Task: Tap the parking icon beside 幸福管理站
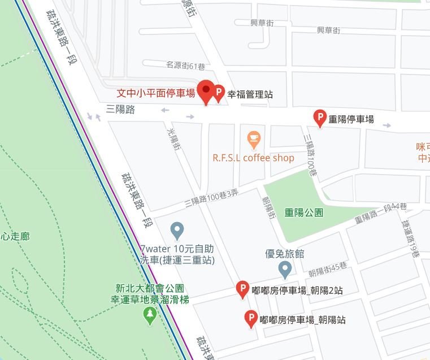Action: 218,93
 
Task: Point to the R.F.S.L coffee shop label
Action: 253,158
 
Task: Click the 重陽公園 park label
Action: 304,212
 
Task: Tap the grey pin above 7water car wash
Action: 177,230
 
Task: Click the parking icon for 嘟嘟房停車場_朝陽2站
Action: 242,290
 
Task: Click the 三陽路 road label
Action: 120,110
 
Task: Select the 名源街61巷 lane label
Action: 185,66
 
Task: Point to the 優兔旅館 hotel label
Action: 285,254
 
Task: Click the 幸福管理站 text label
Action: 250,94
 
